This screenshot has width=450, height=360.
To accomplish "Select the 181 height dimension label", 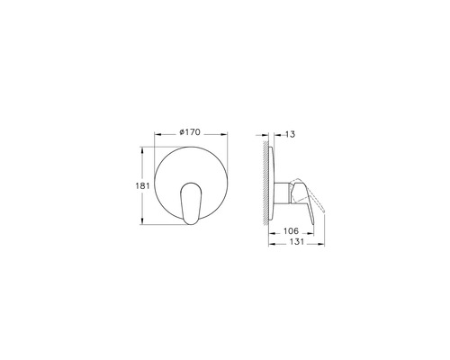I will (x=130, y=184).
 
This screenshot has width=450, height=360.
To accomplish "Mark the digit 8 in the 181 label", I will (x=130, y=184).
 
